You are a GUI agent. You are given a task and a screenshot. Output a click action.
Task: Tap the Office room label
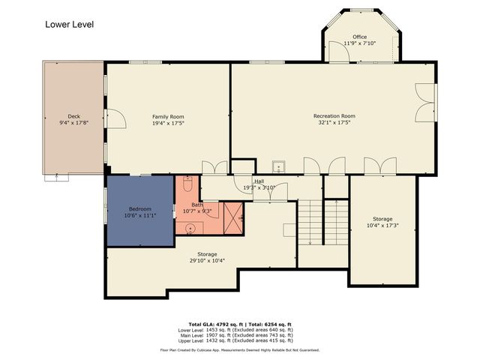click(360, 37)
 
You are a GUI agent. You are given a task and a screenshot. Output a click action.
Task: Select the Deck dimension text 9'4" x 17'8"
click(73, 122)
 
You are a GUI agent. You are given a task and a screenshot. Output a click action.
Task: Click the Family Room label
click(168, 116)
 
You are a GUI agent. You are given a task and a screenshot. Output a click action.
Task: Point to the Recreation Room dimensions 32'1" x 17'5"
click(334, 122)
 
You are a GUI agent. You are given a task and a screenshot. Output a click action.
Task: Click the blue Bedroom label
click(139, 208)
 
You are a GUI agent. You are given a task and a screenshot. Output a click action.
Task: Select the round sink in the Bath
click(189, 227)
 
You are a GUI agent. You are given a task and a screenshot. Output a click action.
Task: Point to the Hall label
click(259, 181)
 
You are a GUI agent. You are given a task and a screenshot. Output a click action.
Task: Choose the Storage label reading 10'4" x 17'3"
click(382, 225)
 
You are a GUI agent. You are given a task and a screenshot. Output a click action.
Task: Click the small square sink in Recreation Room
click(278, 166)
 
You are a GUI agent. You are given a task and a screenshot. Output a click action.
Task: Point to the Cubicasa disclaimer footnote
click(240, 349)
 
